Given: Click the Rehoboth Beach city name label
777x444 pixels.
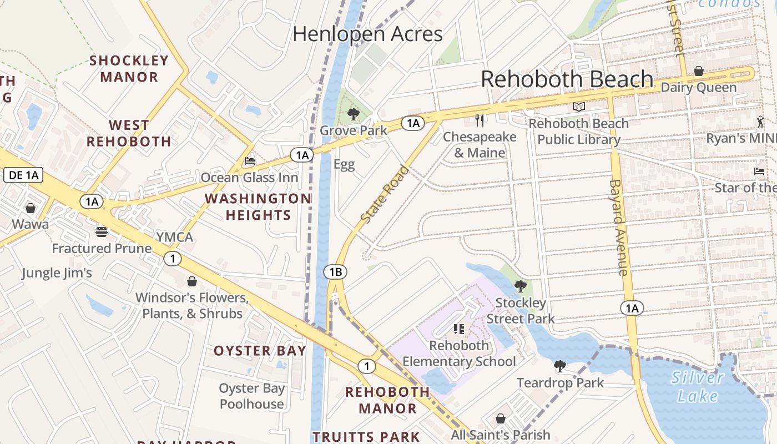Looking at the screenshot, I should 567,79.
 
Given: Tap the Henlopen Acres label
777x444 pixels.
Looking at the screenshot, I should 367,34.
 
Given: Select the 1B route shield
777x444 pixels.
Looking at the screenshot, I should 335,272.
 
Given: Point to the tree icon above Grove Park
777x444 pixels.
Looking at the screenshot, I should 353,115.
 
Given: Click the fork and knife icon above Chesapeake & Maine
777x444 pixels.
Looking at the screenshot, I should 480,120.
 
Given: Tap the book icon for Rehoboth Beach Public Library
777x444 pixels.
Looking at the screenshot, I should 579,107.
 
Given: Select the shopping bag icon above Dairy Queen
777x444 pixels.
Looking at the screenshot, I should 699,71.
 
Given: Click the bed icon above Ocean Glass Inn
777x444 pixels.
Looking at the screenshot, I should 250,162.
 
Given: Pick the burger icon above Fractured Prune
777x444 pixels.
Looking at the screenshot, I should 102,231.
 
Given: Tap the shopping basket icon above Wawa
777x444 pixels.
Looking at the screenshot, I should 31,208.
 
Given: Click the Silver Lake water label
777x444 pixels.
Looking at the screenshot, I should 697,387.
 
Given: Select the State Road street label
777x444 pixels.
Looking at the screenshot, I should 385,195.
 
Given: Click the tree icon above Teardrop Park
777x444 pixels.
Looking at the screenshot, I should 560,366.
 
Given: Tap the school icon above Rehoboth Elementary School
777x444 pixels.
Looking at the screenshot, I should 458,329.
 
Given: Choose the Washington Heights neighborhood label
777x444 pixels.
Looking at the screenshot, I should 258,206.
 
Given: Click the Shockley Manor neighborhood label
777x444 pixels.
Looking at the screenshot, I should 129,68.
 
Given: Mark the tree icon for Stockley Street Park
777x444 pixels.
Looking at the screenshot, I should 521,286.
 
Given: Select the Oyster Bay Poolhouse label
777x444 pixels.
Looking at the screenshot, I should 251,396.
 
